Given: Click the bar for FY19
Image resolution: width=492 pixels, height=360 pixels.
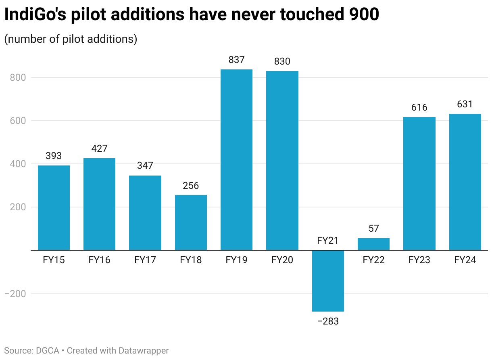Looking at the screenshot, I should pos(236,160).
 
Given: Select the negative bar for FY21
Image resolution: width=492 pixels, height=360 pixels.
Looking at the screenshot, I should pos(328,281).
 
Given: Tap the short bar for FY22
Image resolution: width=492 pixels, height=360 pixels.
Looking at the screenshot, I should pos(373,244).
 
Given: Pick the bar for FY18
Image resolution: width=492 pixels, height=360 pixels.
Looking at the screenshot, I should pos(191,222).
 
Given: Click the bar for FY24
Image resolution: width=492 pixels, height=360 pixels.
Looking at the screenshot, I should pos(465,182).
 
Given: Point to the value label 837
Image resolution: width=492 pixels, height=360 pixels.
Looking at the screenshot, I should pos(236,60).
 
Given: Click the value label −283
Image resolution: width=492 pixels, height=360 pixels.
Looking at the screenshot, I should pos(328,322).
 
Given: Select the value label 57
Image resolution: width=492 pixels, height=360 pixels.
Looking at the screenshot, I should pos(373,228).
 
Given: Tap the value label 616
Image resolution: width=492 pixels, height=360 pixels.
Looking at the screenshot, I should pos(419,108).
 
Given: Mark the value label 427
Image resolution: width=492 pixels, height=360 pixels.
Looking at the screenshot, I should pos(99,149).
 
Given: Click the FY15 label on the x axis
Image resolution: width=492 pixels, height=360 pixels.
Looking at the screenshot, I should pos(54,260).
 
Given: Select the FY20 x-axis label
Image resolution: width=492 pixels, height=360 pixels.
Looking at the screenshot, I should pos(282,260).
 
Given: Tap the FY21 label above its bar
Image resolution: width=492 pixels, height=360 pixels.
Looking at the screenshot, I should pos(328,241).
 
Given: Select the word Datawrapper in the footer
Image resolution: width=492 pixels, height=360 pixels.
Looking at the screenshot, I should pos(144,350).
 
